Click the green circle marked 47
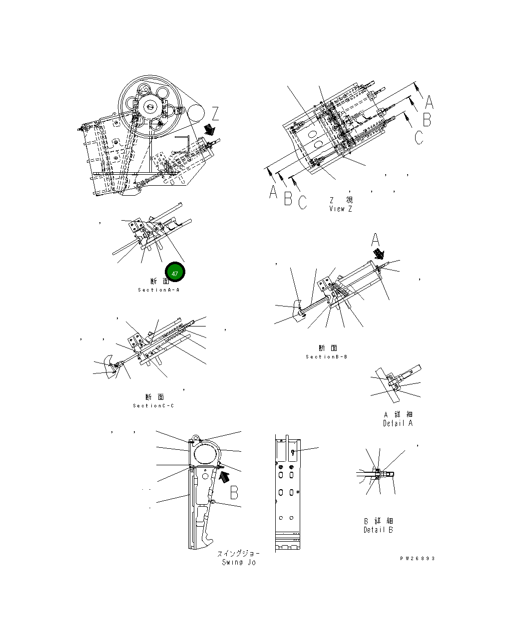[x=175, y=273]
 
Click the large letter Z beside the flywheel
[x=215, y=114]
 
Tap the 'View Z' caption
[x=340, y=209]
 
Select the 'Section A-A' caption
[x=158, y=290]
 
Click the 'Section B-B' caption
[x=327, y=357]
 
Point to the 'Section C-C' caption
[x=153, y=406]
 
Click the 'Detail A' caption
[x=398, y=423]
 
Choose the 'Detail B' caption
[x=378, y=530]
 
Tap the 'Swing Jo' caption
[x=239, y=563]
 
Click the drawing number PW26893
[x=417, y=559]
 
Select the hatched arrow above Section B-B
[x=381, y=255]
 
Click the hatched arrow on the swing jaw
[x=224, y=475]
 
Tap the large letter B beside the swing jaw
[x=233, y=493]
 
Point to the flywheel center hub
[x=150, y=106]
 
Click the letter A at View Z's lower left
[x=273, y=192]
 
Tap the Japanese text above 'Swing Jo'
[x=238, y=554]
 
